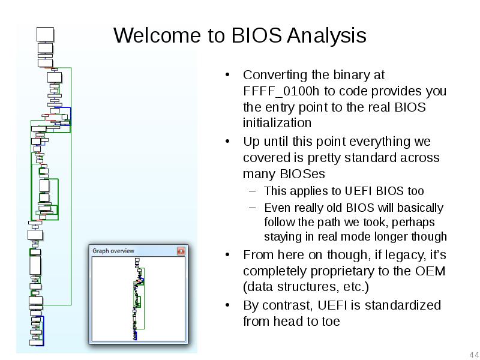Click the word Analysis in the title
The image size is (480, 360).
pyautogui.click(x=326, y=35)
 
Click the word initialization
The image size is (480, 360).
pyautogui.click(x=277, y=124)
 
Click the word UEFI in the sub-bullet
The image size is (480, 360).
pyautogui.click(x=358, y=191)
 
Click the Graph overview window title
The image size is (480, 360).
pyautogui.click(x=113, y=251)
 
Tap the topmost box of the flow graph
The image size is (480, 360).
pyautogui.click(x=46, y=34)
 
